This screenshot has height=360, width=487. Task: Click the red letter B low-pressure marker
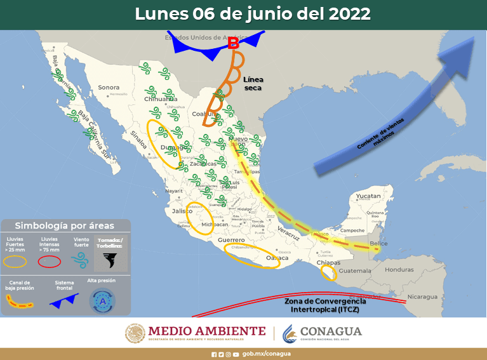[233, 44]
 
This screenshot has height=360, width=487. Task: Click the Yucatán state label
[368, 197]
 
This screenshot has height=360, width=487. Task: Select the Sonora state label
[109, 88]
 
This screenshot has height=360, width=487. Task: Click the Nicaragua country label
[422, 297]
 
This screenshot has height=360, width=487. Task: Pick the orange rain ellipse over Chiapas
[328, 273]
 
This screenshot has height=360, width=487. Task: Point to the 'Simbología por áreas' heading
[65, 225]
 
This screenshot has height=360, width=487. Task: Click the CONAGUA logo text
[330, 331]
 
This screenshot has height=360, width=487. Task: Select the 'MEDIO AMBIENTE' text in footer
[206, 331]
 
